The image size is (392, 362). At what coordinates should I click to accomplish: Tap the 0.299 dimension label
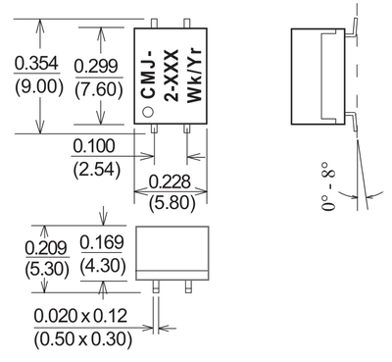tap(98, 64)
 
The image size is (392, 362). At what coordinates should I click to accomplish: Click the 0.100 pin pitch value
tap(95, 146)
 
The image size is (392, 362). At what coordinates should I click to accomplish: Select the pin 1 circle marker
tap(147, 112)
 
